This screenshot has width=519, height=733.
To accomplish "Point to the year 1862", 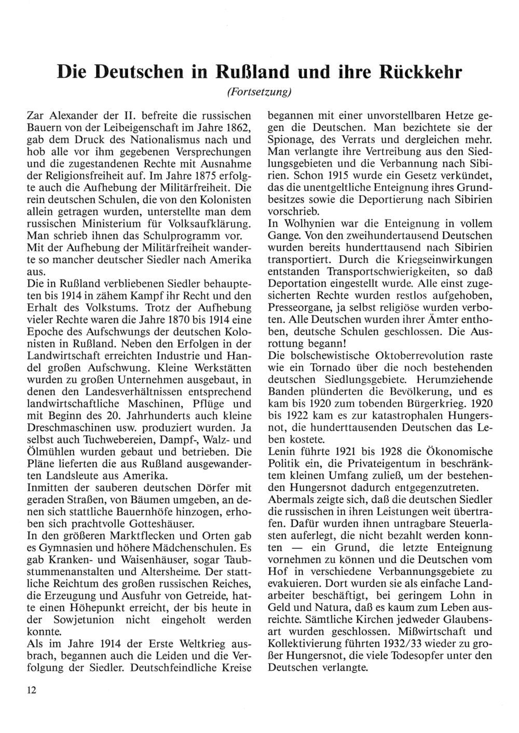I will click(x=240, y=128).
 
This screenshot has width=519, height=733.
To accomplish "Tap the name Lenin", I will click(x=281, y=450).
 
